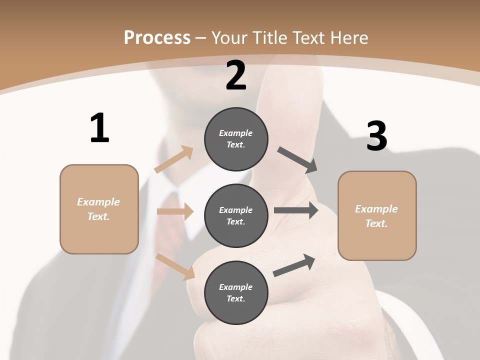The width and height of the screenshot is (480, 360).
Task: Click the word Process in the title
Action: (x=157, y=38)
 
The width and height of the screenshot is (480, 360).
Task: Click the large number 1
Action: (x=99, y=128)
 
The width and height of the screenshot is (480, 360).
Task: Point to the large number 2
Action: (x=236, y=75)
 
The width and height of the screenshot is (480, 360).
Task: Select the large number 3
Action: (x=376, y=136)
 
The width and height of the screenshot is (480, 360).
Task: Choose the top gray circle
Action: (x=236, y=139)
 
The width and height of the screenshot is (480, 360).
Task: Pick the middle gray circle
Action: (x=236, y=215)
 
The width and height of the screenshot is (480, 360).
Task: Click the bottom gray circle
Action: (x=236, y=292)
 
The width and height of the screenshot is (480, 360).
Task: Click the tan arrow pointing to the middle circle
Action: (x=175, y=211)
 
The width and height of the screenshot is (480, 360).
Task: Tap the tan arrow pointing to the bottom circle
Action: (x=175, y=266)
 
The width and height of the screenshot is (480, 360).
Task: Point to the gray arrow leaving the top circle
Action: (x=297, y=159)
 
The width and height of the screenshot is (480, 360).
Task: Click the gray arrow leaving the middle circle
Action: (x=296, y=210)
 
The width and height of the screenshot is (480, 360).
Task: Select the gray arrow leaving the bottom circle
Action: (x=294, y=265)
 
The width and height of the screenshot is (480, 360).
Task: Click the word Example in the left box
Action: (x=98, y=202)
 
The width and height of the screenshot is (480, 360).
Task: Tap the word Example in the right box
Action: (x=376, y=209)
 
